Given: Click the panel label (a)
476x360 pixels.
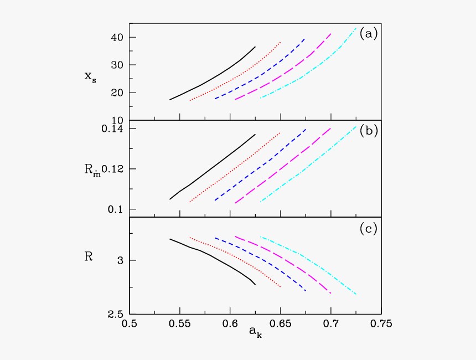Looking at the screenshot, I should (368, 33).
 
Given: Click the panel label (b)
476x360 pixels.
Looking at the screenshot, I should (368, 131).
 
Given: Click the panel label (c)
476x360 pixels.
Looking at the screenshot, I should (368, 227).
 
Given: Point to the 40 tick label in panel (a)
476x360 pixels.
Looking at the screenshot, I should (115, 37).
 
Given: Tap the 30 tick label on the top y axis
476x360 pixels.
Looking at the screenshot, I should (115, 65).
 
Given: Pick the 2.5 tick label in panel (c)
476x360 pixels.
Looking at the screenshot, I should (114, 314).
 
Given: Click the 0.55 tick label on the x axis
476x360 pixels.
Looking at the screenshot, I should (179, 323).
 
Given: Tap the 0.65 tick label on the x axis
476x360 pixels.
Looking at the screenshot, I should (281, 323).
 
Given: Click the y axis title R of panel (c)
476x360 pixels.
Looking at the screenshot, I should (89, 256).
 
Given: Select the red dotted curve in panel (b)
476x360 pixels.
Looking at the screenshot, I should (238, 166).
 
